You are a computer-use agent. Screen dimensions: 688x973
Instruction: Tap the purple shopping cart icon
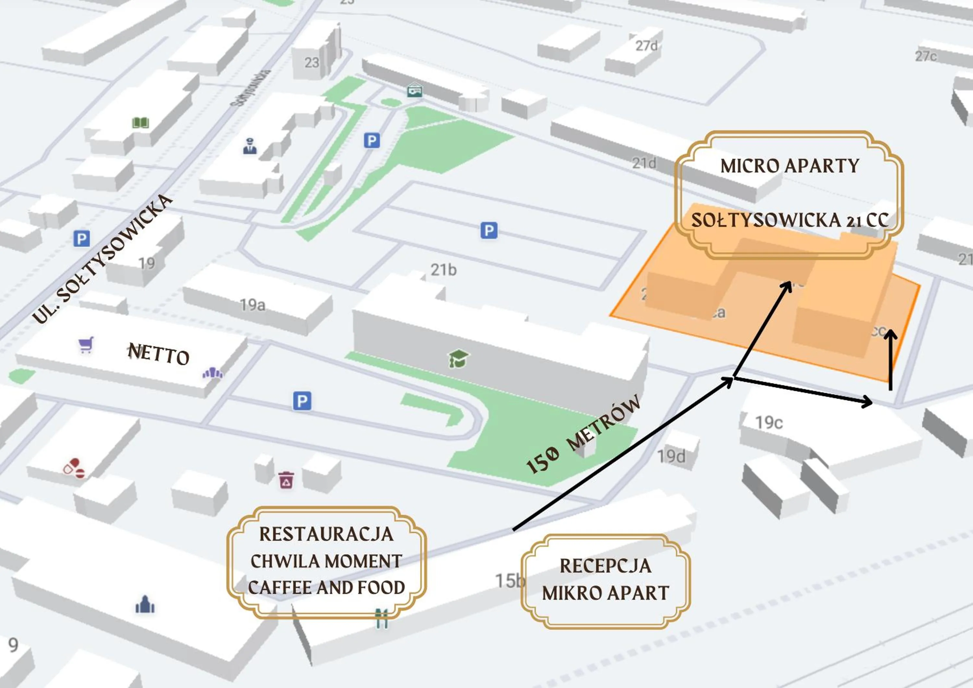point(86,345)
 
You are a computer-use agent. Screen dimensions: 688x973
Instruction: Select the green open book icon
point(140,123)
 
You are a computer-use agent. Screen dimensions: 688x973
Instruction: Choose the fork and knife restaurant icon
point(382,619)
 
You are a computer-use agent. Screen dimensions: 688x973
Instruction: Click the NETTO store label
point(159,354)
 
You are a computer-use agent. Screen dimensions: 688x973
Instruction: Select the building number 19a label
point(253,304)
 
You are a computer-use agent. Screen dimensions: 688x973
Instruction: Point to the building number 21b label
point(443,270)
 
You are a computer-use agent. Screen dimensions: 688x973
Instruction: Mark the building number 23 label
point(311,63)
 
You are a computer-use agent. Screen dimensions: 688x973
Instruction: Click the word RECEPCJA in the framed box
point(605,566)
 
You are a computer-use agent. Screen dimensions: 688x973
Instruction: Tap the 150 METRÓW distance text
point(583,435)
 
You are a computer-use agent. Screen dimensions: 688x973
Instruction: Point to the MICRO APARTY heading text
point(789,166)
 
